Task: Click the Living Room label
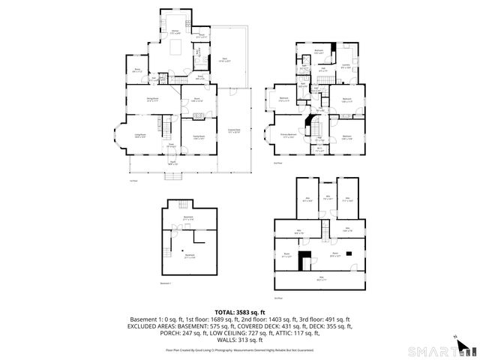[139, 134]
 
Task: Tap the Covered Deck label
[234, 131]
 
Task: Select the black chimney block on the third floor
[304, 259]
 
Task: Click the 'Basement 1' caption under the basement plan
[166, 283]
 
